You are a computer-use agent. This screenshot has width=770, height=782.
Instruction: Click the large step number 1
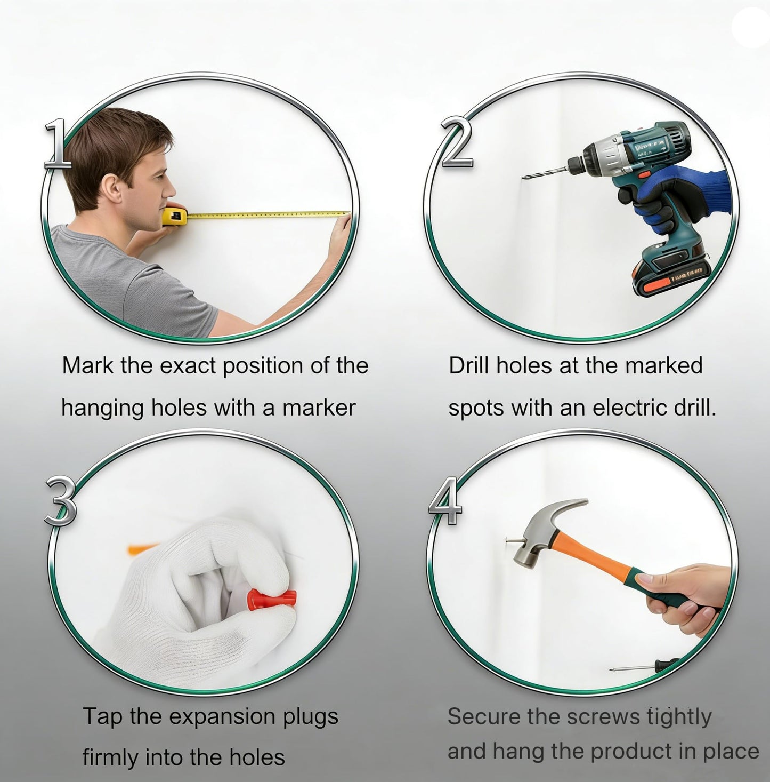coord(58,145)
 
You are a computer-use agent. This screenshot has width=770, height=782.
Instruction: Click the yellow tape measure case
coord(175,216)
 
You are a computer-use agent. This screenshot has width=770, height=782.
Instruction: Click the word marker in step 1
coord(319,408)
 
